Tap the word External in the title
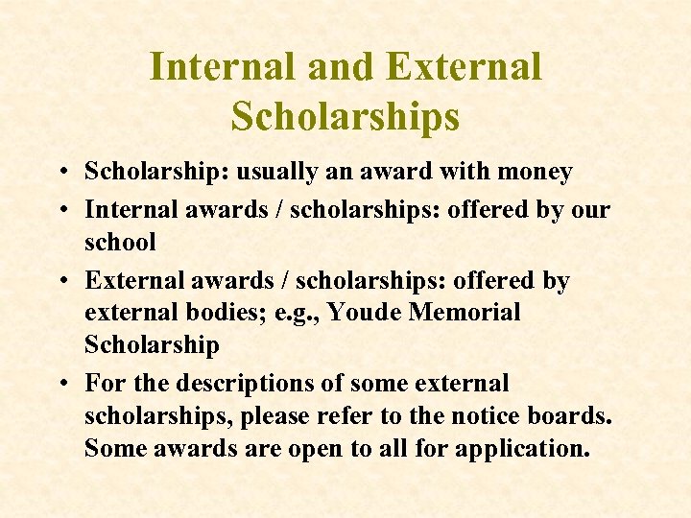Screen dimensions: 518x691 [x=464, y=67]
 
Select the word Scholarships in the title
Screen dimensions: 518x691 [x=345, y=116]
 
